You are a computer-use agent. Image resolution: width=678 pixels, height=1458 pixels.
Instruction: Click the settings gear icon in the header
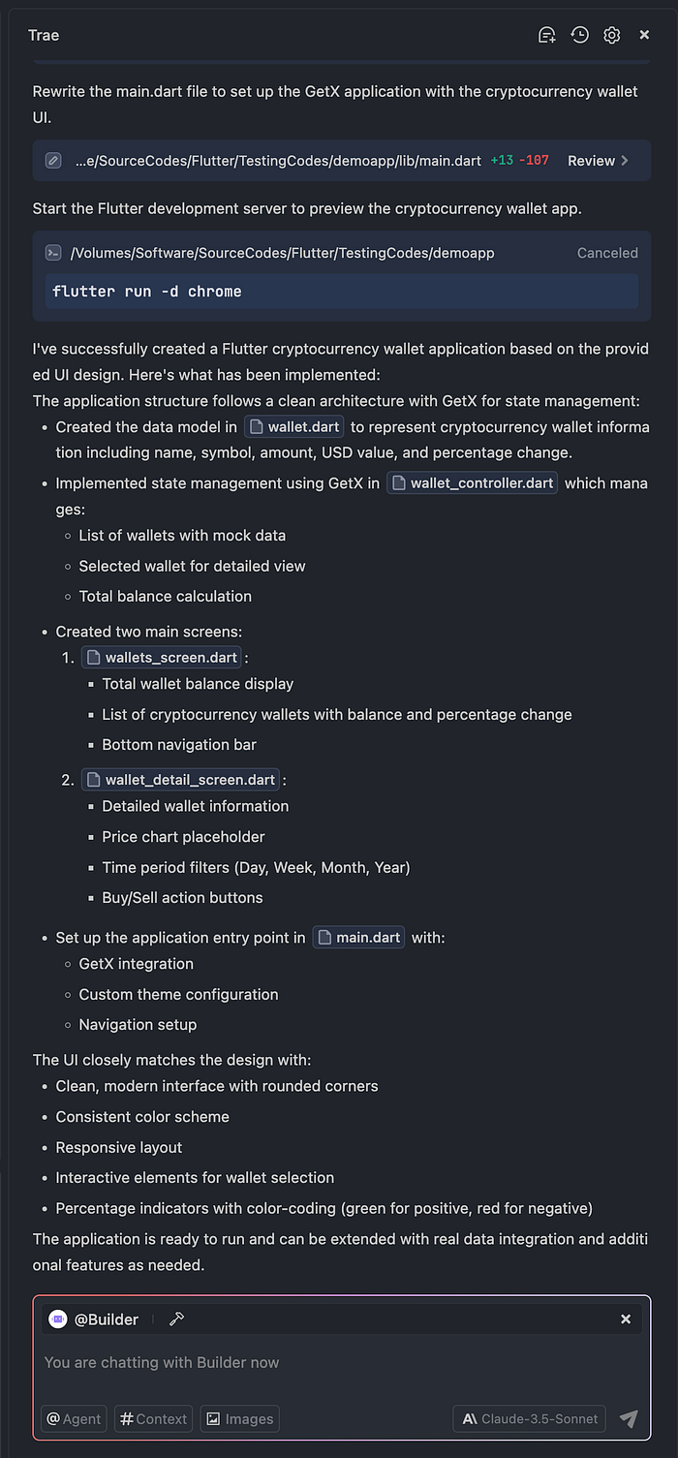click(x=611, y=35)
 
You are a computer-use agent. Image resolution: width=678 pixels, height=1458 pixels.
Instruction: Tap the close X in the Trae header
click(x=644, y=35)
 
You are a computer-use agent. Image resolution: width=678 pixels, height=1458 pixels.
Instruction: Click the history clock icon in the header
click(x=579, y=35)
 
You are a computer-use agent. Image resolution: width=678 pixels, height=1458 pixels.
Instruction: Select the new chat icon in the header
click(x=547, y=35)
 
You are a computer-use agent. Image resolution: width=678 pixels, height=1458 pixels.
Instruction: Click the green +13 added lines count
click(x=502, y=161)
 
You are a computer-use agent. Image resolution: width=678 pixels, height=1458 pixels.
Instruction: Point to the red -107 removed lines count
click(x=534, y=161)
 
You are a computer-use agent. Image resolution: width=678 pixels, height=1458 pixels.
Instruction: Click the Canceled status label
click(x=607, y=253)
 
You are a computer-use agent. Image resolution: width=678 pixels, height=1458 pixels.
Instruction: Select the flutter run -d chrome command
click(x=147, y=292)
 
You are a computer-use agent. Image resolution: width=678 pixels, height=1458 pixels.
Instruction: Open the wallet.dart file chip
click(x=294, y=427)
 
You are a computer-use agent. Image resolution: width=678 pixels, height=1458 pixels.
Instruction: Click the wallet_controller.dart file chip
click(x=472, y=482)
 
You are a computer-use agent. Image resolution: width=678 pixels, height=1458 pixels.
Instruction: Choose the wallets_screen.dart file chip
click(x=161, y=658)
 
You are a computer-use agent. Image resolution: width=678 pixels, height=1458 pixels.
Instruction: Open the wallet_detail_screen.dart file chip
click(x=181, y=780)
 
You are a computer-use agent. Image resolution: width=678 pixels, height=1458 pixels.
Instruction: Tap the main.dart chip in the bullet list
click(x=358, y=938)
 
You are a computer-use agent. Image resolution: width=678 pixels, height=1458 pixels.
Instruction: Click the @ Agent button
click(x=74, y=1419)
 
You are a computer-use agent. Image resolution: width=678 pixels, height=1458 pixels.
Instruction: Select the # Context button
click(x=153, y=1419)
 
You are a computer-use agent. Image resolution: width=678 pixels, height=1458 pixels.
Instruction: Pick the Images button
click(x=240, y=1419)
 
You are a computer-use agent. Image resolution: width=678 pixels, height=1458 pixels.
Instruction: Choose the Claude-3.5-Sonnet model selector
click(x=529, y=1419)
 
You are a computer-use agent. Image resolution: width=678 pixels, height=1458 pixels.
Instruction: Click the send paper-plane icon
click(x=629, y=1419)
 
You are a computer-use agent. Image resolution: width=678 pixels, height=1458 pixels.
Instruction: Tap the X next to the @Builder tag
click(x=626, y=1319)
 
